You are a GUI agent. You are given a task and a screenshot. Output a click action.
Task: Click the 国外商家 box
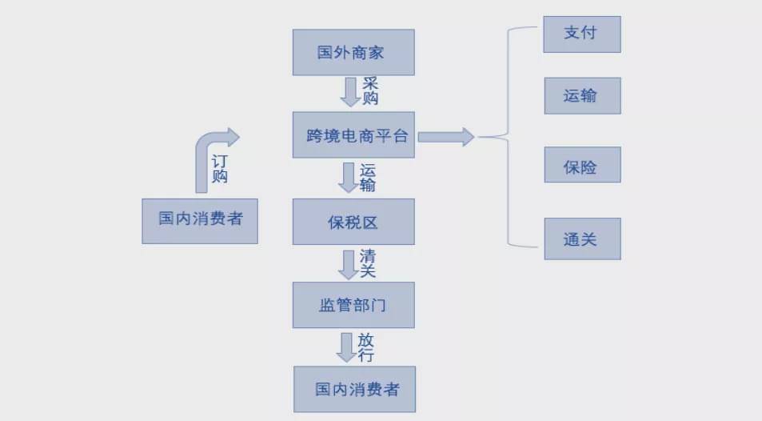click(353, 53)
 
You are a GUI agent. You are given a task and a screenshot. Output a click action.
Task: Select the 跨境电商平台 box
click(353, 135)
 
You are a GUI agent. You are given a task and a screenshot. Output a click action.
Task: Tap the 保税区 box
click(353, 222)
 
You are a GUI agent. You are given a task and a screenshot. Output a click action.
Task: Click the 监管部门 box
click(353, 305)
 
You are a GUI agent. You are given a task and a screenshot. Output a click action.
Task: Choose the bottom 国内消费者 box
click(355, 389)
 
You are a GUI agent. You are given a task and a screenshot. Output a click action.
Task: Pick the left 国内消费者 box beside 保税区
click(200, 220)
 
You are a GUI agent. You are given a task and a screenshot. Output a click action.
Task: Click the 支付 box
click(582, 34)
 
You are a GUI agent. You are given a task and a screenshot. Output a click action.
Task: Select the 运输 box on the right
click(582, 97)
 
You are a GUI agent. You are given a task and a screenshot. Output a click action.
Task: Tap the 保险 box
click(582, 167)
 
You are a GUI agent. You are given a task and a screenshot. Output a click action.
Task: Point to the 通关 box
click(582, 238)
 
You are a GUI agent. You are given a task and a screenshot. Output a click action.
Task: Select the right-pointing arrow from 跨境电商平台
click(446, 137)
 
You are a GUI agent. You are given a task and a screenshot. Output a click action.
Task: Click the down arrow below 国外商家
click(350, 91)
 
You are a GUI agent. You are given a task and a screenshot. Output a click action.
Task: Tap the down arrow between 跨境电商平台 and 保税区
click(349, 177)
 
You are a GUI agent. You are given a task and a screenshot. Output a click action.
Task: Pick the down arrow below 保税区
click(349, 263)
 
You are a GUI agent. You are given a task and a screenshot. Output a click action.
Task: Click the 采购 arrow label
click(370, 91)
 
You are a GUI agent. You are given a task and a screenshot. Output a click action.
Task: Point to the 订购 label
click(219, 169)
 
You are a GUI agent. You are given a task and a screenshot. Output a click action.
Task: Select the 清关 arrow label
click(368, 263)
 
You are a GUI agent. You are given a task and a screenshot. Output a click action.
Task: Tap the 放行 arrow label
click(365, 347)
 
